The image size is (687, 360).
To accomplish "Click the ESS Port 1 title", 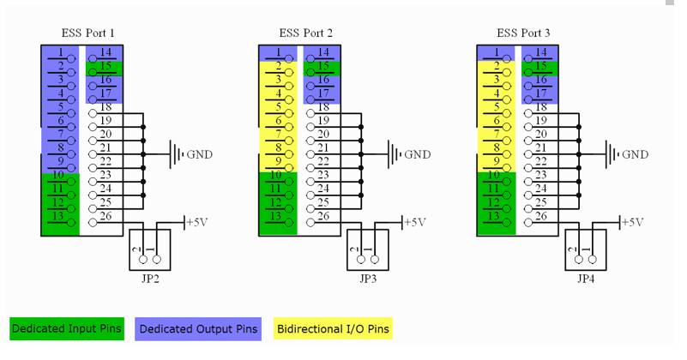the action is click(x=87, y=33).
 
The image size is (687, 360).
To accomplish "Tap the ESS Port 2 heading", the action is click(x=306, y=33).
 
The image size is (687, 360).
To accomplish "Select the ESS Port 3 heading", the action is click(x=523, y=33).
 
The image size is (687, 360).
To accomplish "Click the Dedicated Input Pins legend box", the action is click(x=67, y=329).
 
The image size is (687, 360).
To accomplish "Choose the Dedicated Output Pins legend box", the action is click(x=198, y=329).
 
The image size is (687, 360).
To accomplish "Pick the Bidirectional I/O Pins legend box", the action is click(x=333, y=329).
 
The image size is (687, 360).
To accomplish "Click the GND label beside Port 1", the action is click(x=199, y=154).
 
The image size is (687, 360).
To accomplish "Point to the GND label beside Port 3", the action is click(x=635, y=154).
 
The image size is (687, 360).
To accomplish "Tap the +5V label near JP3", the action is click(x=414, y=223).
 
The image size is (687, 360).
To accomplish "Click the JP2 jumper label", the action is click(x=150, y=279).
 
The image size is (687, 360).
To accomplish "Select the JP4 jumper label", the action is click(x=585, y=279).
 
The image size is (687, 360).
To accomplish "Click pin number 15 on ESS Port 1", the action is click(x=105, y=66).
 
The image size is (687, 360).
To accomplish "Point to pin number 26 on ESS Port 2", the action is click(x=323, y=216).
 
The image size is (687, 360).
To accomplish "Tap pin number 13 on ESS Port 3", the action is click(x=494, y=216).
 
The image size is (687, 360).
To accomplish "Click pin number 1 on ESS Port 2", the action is click(x=279, y=52).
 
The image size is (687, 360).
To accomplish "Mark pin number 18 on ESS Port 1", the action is click(x=105, y=107).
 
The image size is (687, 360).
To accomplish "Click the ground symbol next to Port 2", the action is click(x=394, y=154).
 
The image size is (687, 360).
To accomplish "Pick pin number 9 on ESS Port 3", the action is click(x=497, y=161).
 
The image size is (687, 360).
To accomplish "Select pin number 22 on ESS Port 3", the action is click(x=541, y=161).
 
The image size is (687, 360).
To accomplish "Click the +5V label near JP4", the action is click(x=632, y=223).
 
